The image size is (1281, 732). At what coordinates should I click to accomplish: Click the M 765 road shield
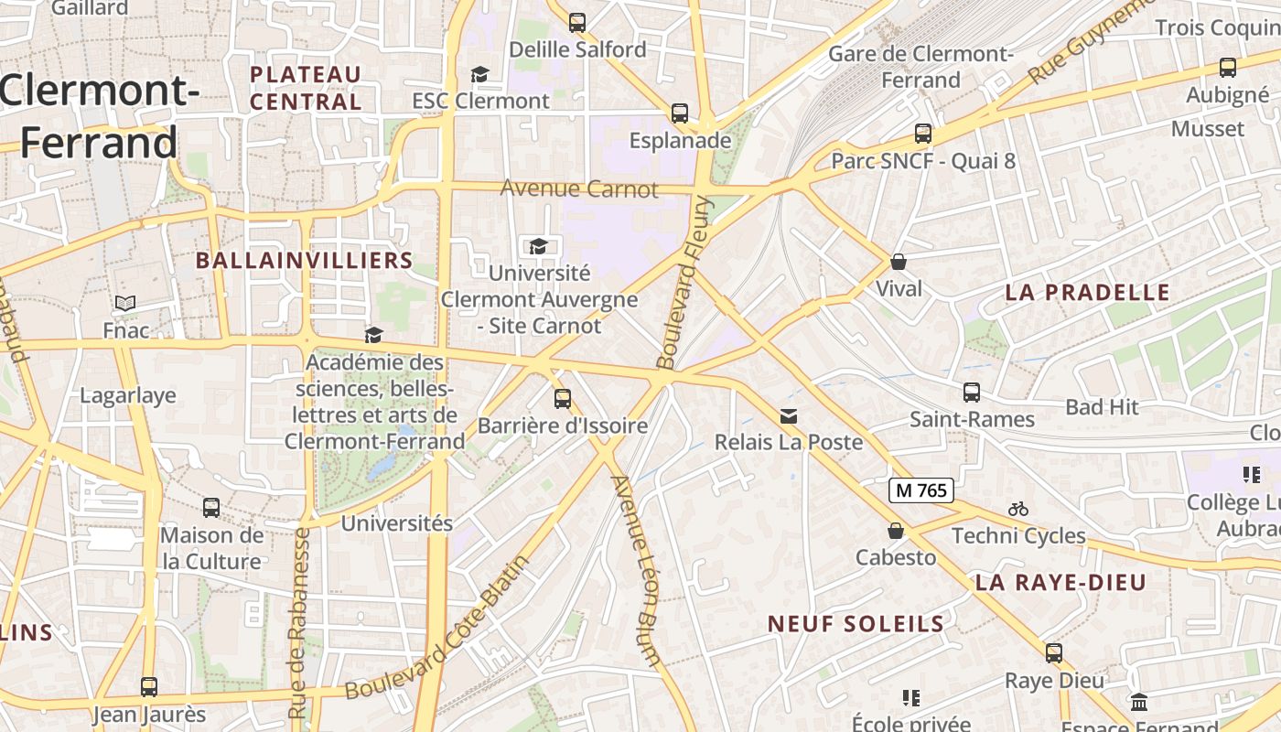[x=921, y=490]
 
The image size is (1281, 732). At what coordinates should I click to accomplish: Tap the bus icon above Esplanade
[x=679, y=113]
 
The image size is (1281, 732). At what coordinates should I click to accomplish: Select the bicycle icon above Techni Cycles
[x=1018, y=509]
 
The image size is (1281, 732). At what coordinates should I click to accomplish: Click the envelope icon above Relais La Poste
[x=788, y=416]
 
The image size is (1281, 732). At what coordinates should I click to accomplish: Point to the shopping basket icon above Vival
[x=899, y=262]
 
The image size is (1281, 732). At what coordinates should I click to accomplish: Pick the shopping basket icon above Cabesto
[x=896, y=531]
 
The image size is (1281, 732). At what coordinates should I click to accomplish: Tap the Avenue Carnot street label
[x=579, y=189]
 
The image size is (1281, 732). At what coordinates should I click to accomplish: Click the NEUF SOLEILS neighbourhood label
[x=856, y=624]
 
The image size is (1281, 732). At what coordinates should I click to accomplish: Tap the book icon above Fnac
[x=125, y=303]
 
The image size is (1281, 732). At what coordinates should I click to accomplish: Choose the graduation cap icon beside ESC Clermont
[x=479, y=74]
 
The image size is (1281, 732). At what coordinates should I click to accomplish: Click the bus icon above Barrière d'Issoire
[x=562, y=399]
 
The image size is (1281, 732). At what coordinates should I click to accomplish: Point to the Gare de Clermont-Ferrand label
[x=920, y=67]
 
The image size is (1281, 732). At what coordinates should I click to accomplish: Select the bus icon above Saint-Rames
[x=972, y=393]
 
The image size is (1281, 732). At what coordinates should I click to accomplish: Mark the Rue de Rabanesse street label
[x=299, y=622]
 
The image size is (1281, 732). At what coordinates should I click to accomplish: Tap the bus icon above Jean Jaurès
[x=149, y=686]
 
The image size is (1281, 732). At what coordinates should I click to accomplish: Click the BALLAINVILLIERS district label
[x=305, y=261]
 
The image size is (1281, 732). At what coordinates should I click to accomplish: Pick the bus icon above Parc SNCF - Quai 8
[x=923, y=134]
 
